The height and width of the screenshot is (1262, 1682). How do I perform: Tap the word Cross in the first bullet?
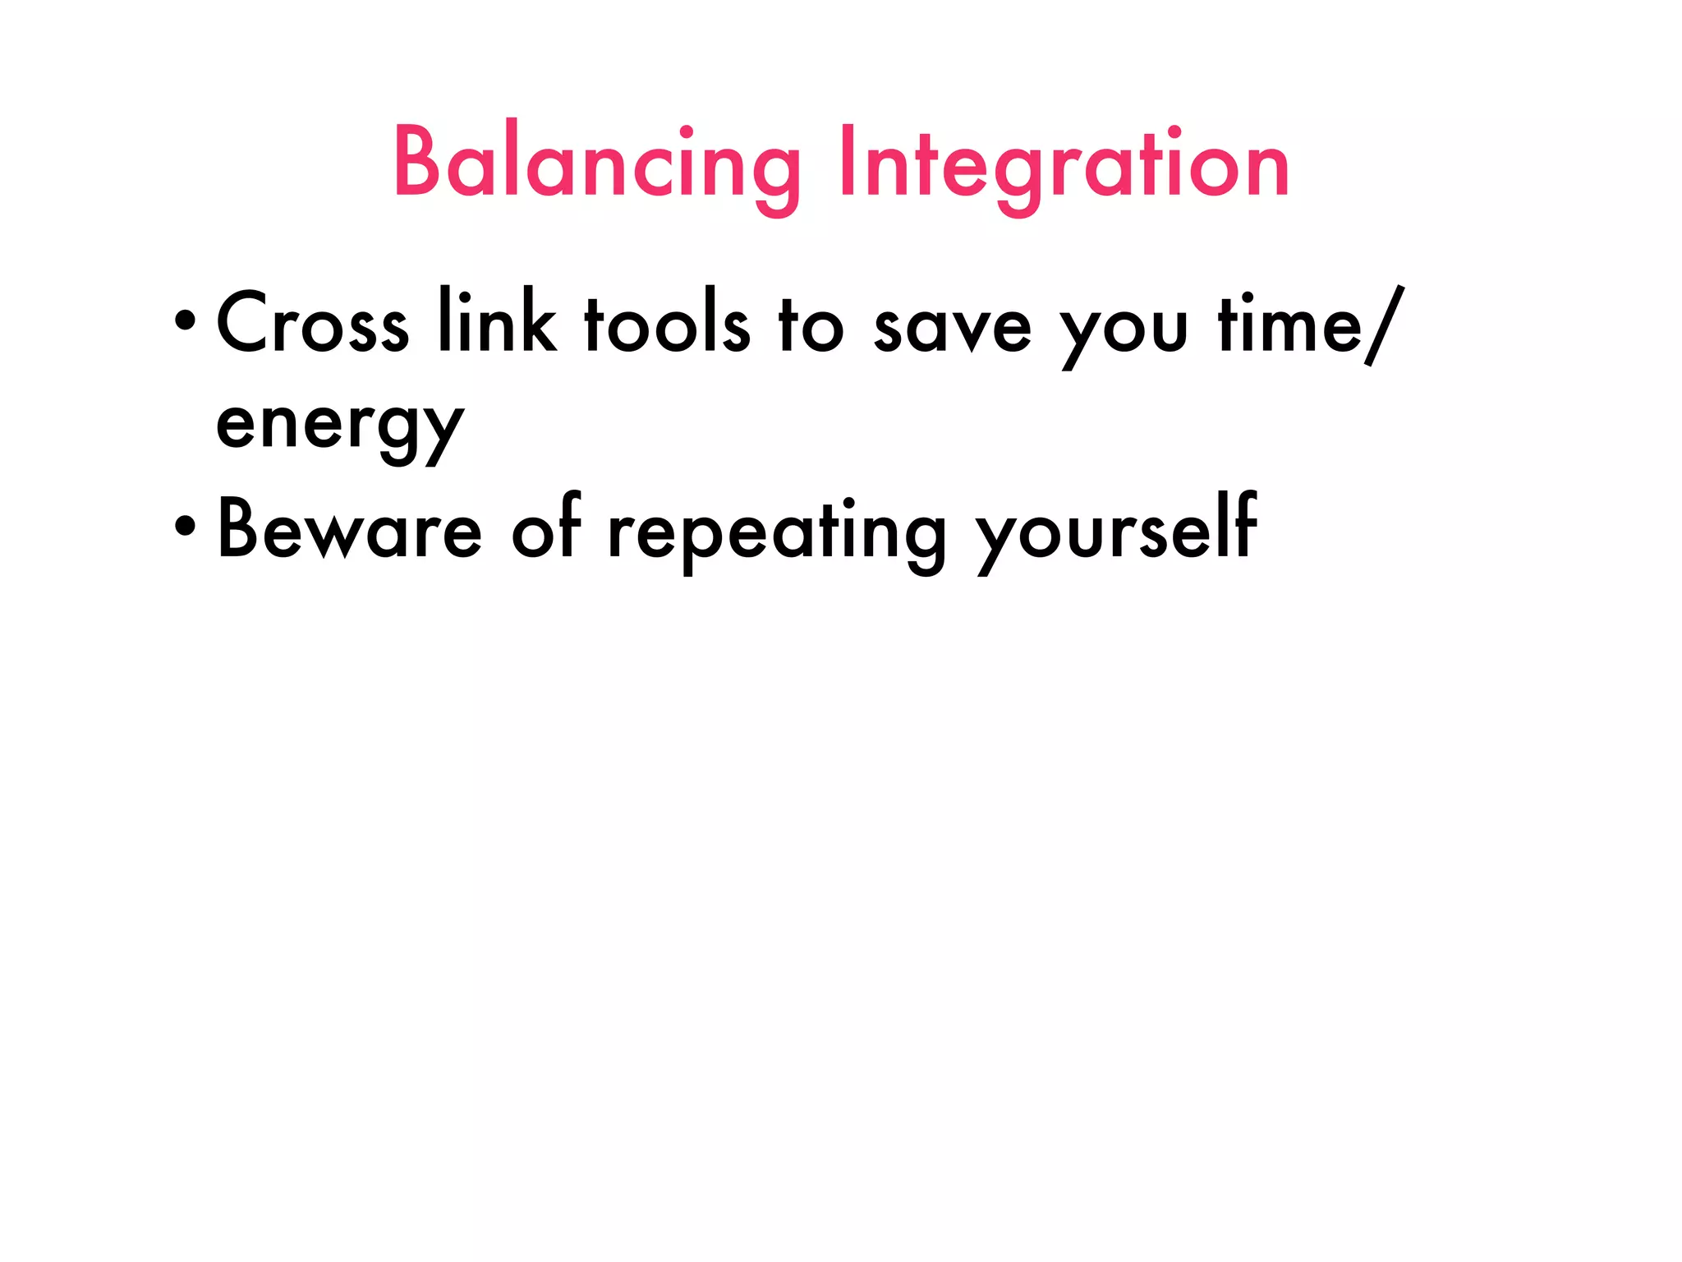pyautogui.click(x=312, y=323)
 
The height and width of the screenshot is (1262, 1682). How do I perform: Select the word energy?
pyautogui.click(x=340, y=427)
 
